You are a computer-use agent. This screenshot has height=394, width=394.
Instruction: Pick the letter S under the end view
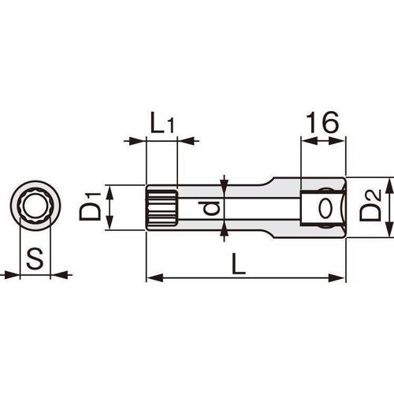(34, 258)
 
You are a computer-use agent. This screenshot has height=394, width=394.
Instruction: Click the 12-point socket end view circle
(34, 209)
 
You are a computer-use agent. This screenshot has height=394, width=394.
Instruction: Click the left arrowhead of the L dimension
(152, 277)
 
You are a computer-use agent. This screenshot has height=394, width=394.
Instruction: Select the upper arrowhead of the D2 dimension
(387, 183)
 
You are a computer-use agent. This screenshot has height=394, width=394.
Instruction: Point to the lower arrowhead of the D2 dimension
(387, 232)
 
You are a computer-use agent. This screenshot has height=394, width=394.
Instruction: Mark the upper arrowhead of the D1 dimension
(110, 190)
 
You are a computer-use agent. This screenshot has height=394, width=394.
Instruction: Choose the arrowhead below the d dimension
(225, 231)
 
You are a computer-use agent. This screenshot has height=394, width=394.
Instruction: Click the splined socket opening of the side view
(162, 208)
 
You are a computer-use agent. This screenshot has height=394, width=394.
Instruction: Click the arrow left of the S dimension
(10, 275)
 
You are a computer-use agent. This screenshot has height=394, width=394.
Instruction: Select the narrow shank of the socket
(244, 208)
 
